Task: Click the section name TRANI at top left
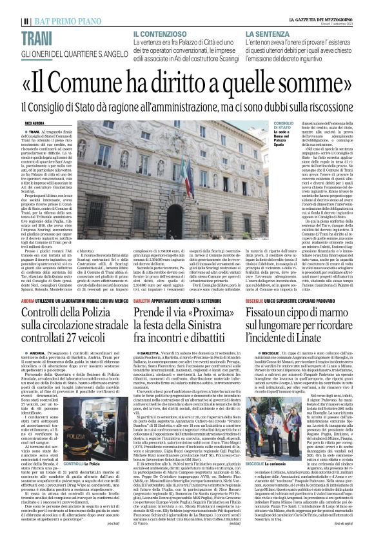pos(36,37)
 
